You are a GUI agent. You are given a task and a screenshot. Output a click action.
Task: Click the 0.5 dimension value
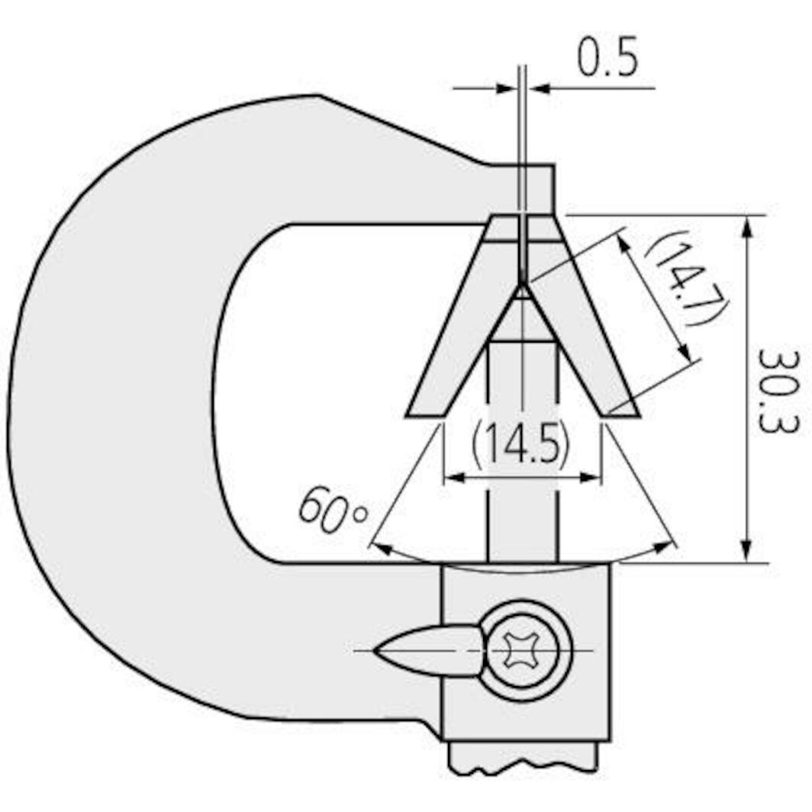pyautogui.click(x=607, y=60)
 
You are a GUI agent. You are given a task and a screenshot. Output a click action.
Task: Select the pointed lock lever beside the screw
pyautogui.click(x=427, y=650)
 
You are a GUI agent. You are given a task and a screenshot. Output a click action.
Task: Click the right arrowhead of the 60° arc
pyautogui.click(x=667, y=546)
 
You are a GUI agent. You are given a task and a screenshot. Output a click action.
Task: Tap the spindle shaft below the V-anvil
pyautogui.click(x=522, y=496)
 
